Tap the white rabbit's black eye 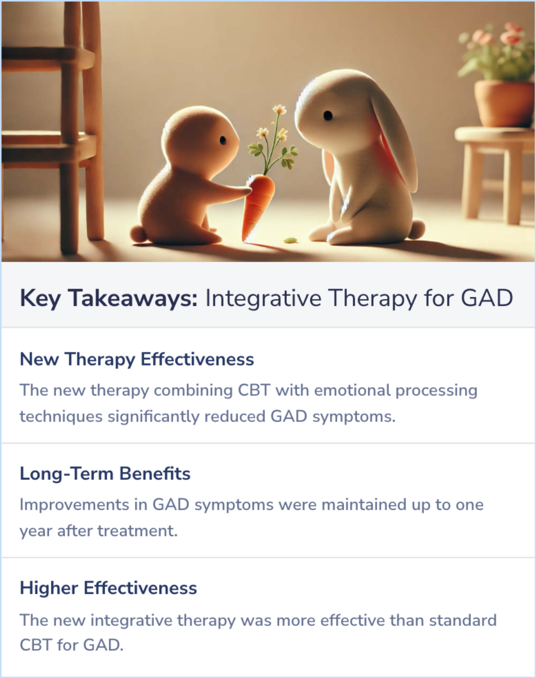pyautogui.click(x=328, y=116)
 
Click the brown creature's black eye pyautogui.click(x=223, y=140)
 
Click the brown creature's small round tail pyautogui.click(x=137, y=233)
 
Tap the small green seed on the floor pyautogui.click(x=290, y=240)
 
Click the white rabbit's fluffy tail pyautogui.click(x=417, y=228)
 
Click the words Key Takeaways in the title pyautogui.click(x=109, y=298)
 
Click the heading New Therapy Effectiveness pyautogui.click(x=137, y=359)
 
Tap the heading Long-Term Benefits pyautogui.click(x=105, y=474)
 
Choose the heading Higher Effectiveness pyautogui.click(x=109, y=588)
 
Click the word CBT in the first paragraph pyautogui.click(x=254, y=390)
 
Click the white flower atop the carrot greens pyautogui.click(x=280, y=109)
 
